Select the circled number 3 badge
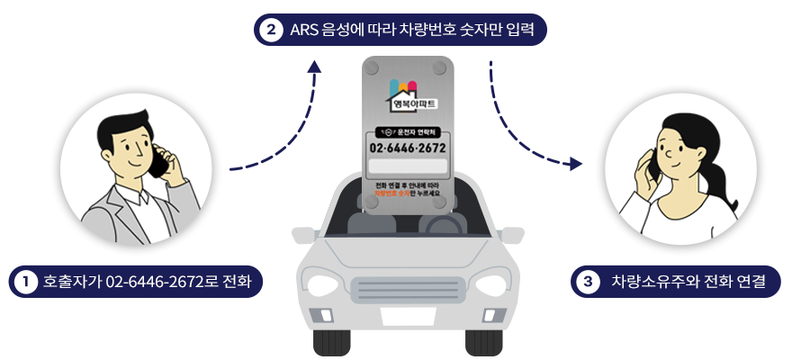(588, 282)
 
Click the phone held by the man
(159, 162)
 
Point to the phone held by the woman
(650, 165)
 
